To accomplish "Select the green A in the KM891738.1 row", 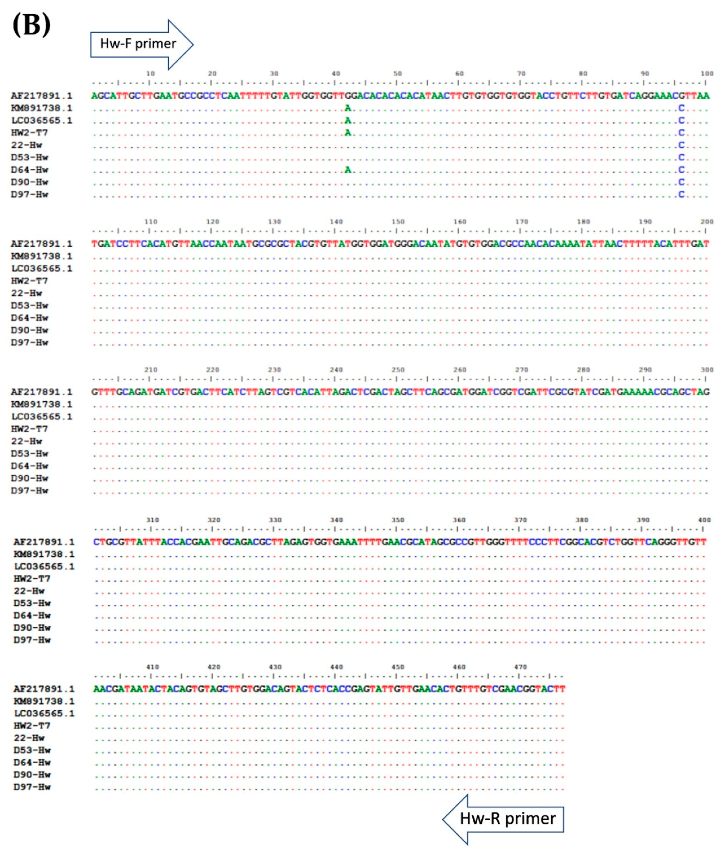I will (x=348, y=108).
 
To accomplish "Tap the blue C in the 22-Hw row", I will (x=681, y=145).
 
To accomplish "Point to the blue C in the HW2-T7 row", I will (x=681, y=133).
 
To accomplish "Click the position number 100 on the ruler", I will (x=707, y=74).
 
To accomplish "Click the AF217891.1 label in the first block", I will (x=41, y=96).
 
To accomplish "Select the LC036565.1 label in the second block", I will (x=41, y=269).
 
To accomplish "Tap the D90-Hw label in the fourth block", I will (x=32, y=628).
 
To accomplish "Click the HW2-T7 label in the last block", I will (x=32, y=725).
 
